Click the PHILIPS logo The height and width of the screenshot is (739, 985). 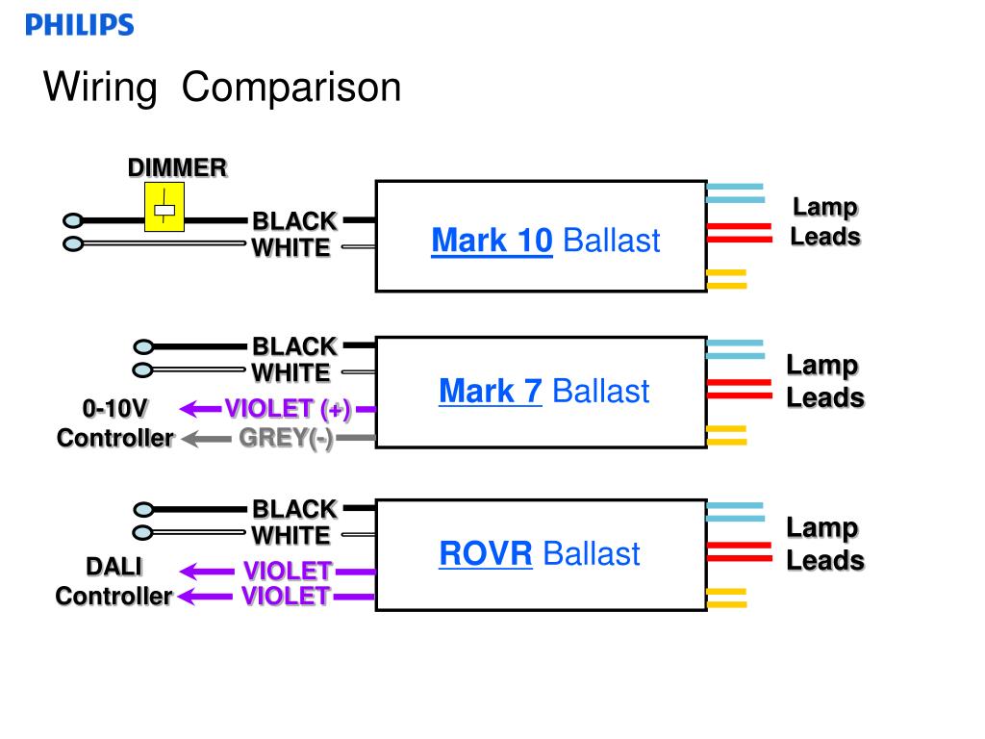click(x=80, y=24)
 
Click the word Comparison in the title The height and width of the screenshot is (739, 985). click(x=291, y=87)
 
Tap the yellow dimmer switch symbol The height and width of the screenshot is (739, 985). click(x=164, y=207)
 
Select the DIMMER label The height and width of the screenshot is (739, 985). click(x=177, y=167)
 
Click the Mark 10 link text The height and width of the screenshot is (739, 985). click(x=492, y=240)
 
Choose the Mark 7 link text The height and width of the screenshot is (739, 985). click(x=491, y=391)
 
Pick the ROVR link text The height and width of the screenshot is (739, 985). click(x=486, y=553)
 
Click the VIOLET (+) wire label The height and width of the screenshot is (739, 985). click(x=288, y=409)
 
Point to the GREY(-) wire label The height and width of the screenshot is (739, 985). click(x=286, y=438)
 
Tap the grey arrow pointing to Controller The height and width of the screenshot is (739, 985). click(x=206, y=439)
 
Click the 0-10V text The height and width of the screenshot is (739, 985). click(x=115, y=408)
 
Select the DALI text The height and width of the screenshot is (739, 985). click(x=114, y=567)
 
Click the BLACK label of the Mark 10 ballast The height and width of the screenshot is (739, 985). click(x=294, y=221)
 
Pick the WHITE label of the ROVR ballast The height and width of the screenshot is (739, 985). click(x=290, y=536)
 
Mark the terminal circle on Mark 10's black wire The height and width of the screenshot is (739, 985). click(x=73, y=220)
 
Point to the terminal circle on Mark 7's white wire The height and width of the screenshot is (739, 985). click(x=142, y=370)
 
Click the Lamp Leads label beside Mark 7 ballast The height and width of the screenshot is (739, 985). click(x=825, y=381)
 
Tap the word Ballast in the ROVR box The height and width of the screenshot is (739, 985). click(x=592, y=553)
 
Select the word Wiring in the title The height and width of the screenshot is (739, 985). click(x=100, y=88)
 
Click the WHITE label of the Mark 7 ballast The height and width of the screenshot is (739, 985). click(x=290, y=372)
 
